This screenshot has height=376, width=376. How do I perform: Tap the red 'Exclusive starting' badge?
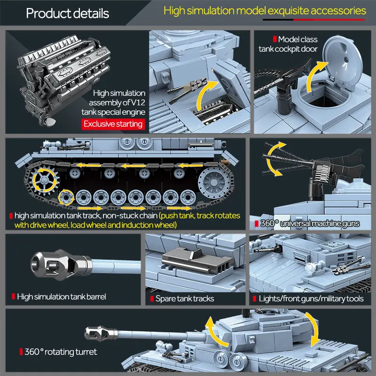[113, 124]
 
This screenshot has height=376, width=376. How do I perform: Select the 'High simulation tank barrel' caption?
[61, 297]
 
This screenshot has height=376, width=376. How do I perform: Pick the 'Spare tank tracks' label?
[185, 298]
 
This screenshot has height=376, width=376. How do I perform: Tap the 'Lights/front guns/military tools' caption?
[311, 298]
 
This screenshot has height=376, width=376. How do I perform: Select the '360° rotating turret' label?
[62, 352]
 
